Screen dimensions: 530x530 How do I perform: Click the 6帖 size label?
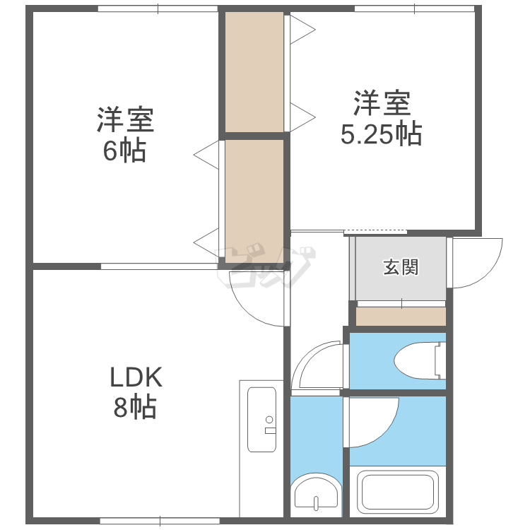(x=124, y=151)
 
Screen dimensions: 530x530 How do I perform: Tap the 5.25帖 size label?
(x=382, y=134)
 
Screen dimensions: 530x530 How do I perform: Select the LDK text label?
(x=136, y=377)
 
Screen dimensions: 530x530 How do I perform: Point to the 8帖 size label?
(x=135, y=407)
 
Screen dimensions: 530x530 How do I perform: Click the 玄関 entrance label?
(x=401, y=267)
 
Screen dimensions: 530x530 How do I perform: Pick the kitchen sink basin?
(x=261, y=420)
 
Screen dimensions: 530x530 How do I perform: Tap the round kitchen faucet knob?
(x=269, y=420)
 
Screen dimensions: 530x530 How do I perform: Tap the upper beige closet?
(x=254, y=72)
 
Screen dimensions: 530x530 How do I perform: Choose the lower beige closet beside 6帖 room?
(x=254, y=201)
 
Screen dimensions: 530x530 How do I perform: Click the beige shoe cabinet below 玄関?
(x=401, y=317)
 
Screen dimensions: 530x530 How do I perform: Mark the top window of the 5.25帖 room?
(x=415, y=8)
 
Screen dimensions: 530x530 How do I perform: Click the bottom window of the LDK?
(x=160, y=521)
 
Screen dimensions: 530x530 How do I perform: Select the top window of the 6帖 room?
(x=158, y=8)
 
